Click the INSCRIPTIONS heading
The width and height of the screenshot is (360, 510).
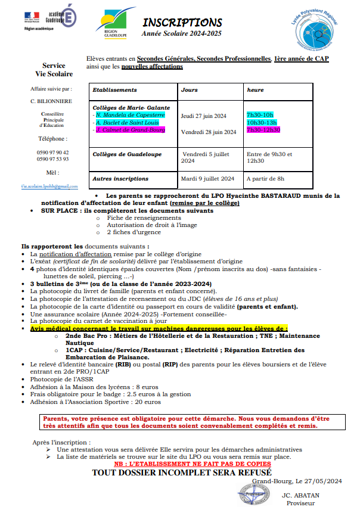[182, 23]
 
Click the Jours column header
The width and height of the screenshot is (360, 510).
[190, 90]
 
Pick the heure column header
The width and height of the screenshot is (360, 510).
[255, 90]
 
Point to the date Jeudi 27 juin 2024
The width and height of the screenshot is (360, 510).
[203, 115]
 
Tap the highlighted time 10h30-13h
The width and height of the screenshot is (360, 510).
[260, 122]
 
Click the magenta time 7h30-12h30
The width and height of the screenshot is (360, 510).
[263, 130]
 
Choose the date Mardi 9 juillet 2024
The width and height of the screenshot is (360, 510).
[207, 178]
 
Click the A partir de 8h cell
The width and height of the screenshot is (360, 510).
[265, 178]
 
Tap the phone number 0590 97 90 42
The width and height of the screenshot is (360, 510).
[52, 153]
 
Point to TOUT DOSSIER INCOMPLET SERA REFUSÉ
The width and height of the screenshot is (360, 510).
[173, 472]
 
